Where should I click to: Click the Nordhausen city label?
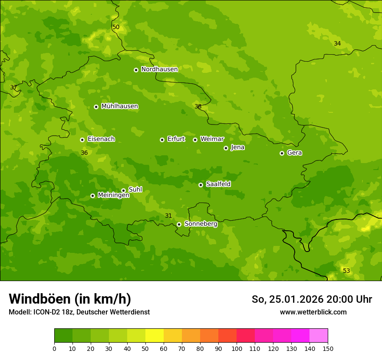pyautogui.click(x=159, y=69)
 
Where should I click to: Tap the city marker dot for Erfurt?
pyautogui.click(x=162, y=140)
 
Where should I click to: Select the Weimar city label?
pyautogui.click(x=212, y=139)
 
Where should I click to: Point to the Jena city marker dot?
pyautogui.click(x=226, y=148)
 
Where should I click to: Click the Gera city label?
pyautogui.click(x=294, y=153)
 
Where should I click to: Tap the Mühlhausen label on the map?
pyautogui.click(x=119, y=106)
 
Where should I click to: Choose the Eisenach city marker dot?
pyautogui.click(x=82, y=140)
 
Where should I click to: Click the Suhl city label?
pyautogui.click(x=135, y=190)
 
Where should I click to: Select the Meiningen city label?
pyautogui.click(x=113, y=195)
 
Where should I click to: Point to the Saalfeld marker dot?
pyautogui.click(x=201, y=185)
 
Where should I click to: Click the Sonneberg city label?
pyautogui.click(x=201, y=224)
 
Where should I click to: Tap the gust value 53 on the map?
pyautogui.click(x=346, y=271)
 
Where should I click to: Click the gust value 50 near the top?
pyautogui.click(x=116, y=27)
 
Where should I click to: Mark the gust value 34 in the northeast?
pyautogui.click(x=337, y=43)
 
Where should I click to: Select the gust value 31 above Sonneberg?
pyautogui.click(x=168, y=216)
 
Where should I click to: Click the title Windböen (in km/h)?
pyautogui.click(x=70, y=299)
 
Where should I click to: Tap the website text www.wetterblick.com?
pyautogui.click(x=313, y=312)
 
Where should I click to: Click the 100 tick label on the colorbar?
pyautogui.click(x=237, y=348)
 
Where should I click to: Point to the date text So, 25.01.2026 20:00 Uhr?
pyautogui.click(x=312, y=299)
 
